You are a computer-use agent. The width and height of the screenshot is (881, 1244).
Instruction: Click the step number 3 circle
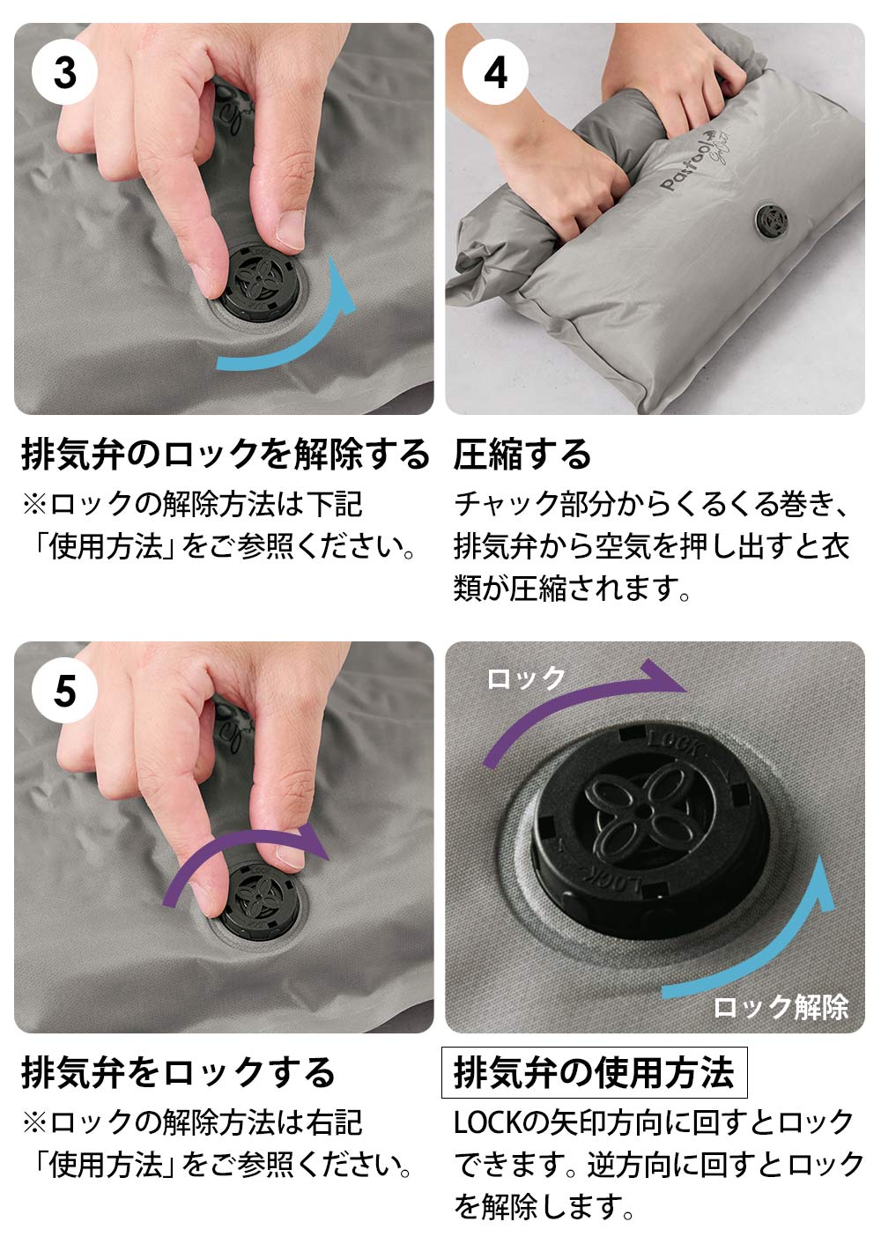click(65, 72)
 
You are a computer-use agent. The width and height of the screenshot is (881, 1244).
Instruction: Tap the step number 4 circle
click(495, 72)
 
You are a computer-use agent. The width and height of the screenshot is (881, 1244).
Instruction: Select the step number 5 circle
click(65, 691)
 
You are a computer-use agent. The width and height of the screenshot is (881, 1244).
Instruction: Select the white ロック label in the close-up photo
click(525, 678)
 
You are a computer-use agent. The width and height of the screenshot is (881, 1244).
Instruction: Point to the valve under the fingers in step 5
click(260, 899)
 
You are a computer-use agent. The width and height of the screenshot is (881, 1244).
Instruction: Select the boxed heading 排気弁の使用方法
click(594, 1072)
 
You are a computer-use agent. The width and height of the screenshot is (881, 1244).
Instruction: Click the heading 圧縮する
click(522, 455)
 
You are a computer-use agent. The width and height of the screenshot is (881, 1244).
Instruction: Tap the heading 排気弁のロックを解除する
click(225, 455)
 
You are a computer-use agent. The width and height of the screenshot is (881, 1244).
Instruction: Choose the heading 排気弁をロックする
click(178, 1072)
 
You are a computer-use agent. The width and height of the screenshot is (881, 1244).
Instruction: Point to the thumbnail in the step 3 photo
click(290, 229)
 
